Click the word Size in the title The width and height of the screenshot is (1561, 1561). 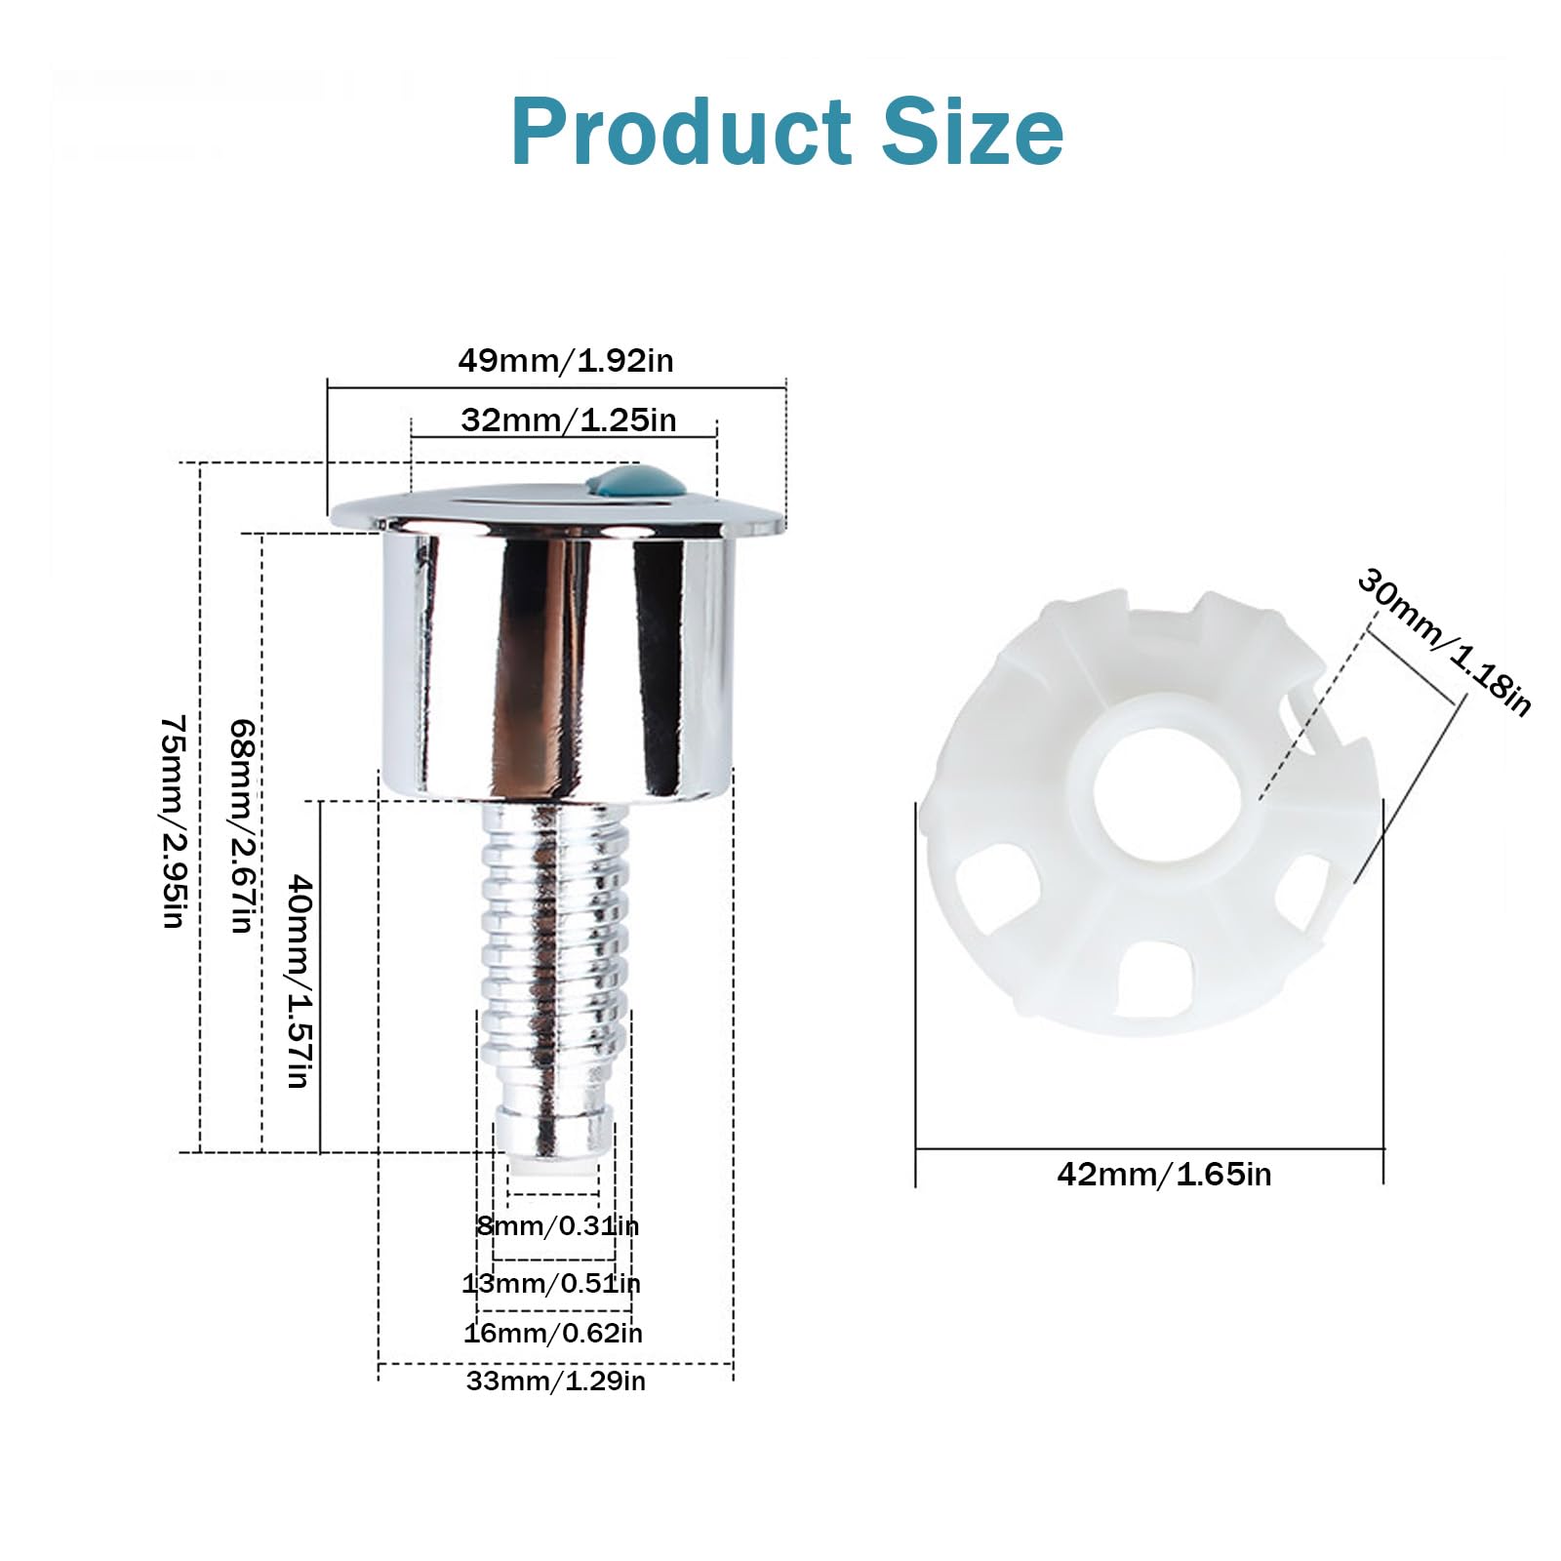[973, 131]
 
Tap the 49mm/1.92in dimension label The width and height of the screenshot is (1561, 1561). [566, 361]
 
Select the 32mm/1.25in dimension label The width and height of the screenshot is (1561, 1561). [569, 420]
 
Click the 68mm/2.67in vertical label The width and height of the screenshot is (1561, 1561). [242, 826]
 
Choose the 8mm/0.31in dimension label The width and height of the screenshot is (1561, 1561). [558, 1225]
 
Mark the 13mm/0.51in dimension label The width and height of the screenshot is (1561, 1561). [551, 1283]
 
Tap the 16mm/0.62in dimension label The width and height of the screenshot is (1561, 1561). [553, 1333]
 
